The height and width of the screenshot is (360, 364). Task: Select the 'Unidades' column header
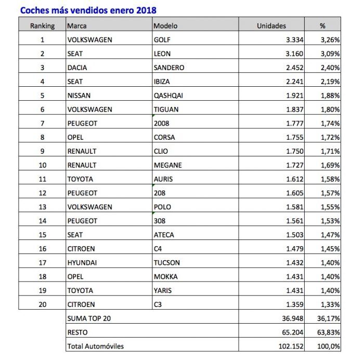point(271,25)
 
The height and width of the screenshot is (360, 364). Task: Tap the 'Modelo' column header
point(166,25)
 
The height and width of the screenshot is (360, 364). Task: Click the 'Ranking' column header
point(43,25)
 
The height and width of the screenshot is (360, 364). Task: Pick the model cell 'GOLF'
point(162,39)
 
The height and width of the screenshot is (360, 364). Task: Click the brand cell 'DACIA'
point(78,68)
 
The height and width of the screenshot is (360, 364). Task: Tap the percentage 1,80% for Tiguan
point(330,109)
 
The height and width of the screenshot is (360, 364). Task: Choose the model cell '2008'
point(161,123)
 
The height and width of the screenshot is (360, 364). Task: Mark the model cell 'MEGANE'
point(167,165)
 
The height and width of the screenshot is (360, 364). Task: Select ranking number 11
point(42,179)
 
